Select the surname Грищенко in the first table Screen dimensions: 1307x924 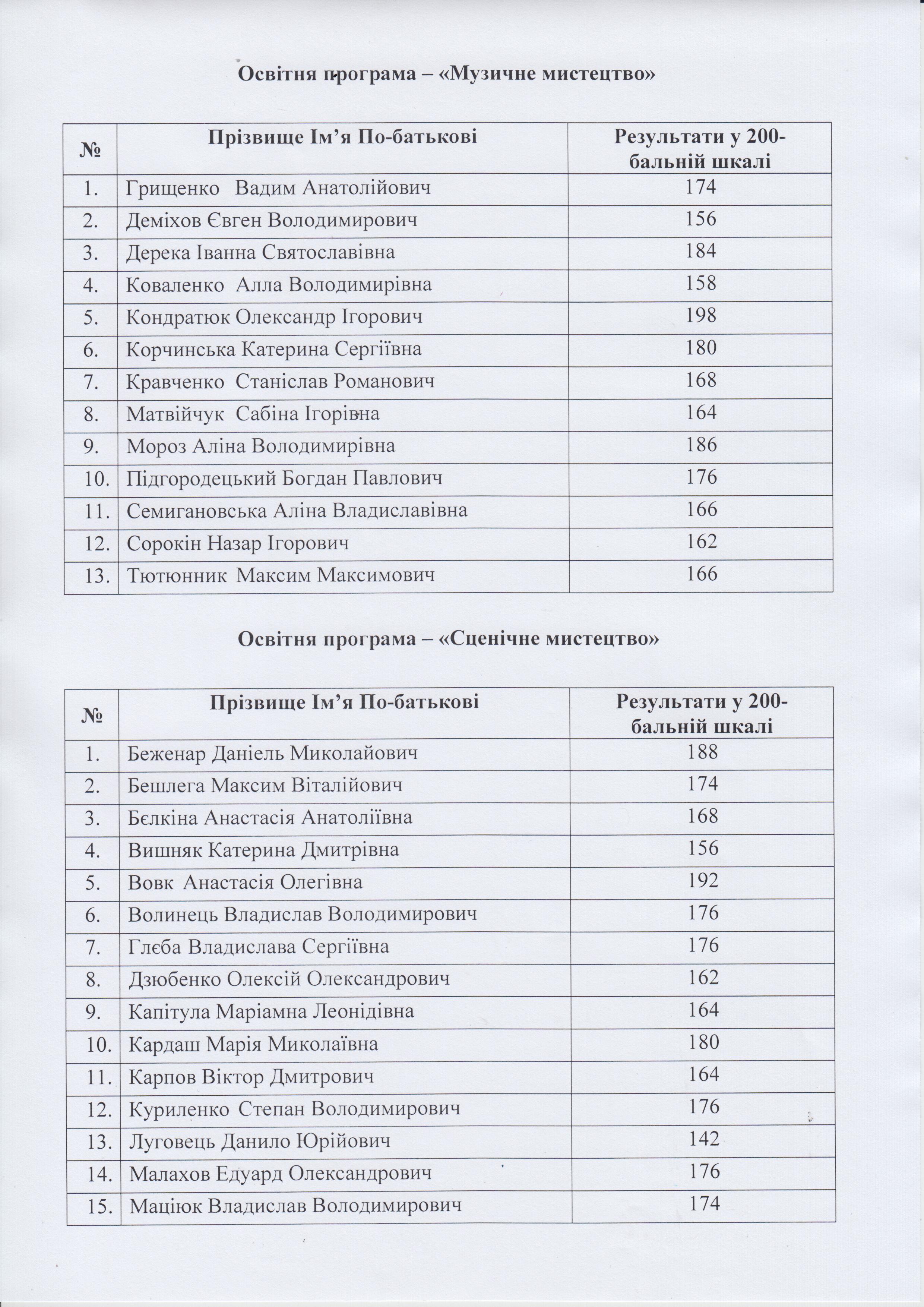[173, 188]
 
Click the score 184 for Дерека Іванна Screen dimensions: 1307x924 [700, 251]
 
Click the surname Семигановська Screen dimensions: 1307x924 [197, 510]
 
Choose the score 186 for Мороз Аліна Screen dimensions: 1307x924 [700, 445]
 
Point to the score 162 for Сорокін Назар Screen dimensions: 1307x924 [700, 542]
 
